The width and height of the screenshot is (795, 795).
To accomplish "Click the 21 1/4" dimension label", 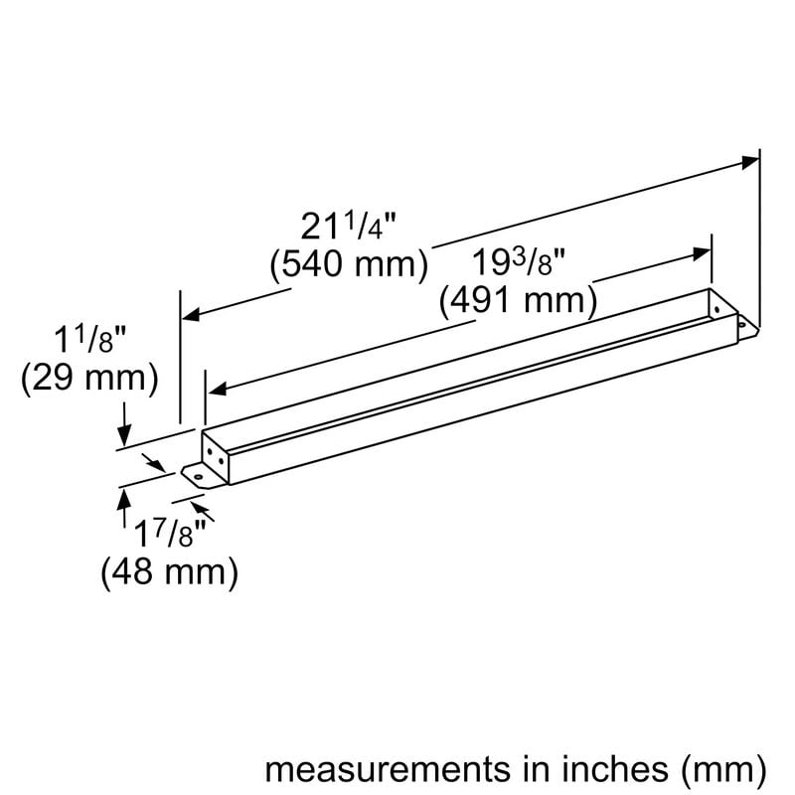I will click(349, 228).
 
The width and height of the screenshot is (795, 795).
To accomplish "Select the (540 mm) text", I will click(349, 265).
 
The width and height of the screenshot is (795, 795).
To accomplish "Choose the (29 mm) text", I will click(89, 379).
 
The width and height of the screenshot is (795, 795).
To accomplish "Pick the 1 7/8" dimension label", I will click(169, 538).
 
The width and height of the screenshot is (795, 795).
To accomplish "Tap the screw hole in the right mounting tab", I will click(740, 321).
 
